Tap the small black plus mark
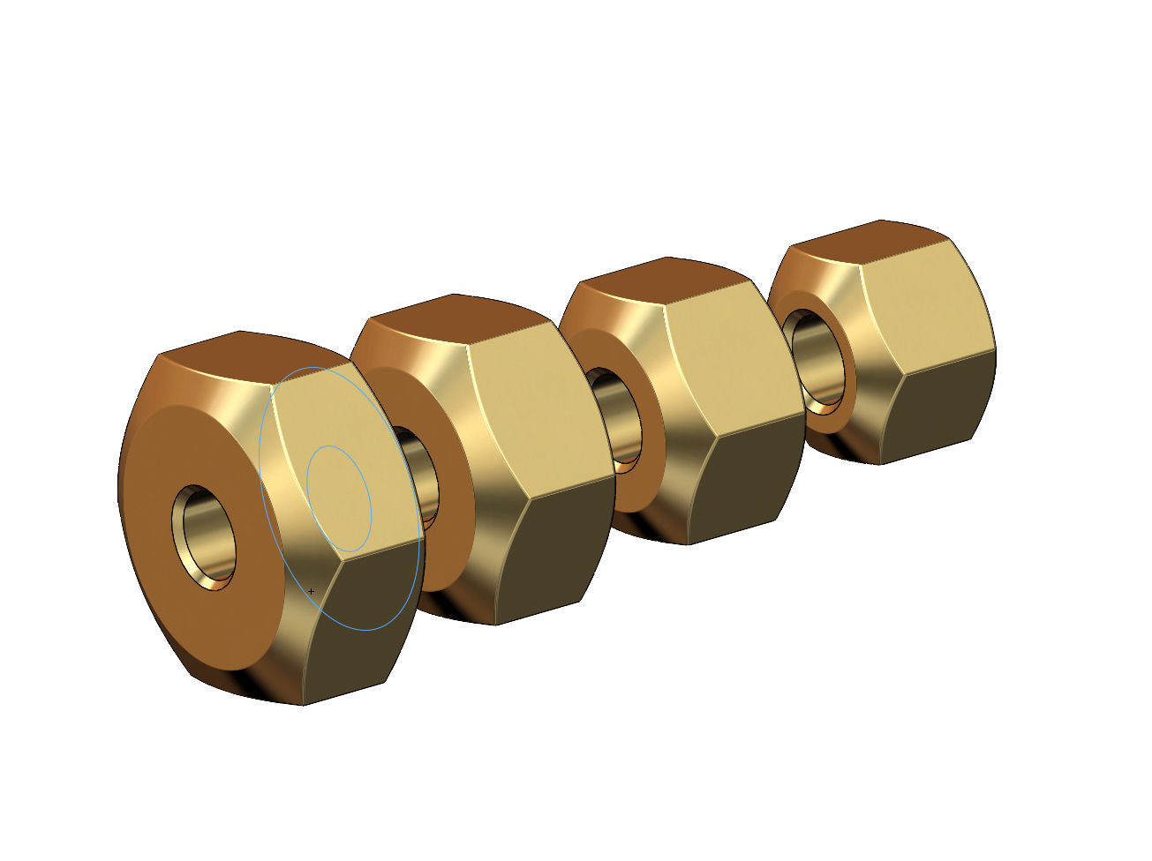click(311, 591)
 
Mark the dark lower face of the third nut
click(742, 485)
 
